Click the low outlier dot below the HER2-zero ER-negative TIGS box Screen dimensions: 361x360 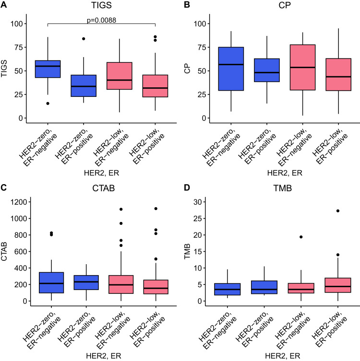point(48,103)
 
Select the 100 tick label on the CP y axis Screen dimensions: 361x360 point(197,24)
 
